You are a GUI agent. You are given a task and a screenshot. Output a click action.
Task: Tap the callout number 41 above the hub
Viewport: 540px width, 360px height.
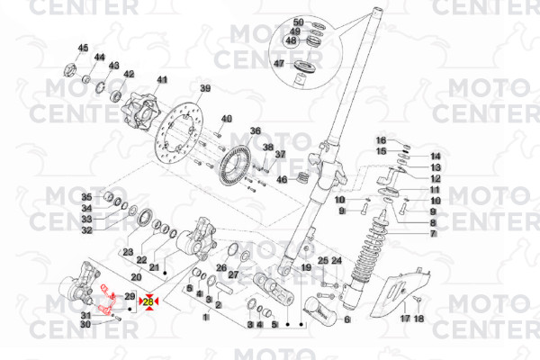tap(163, 80)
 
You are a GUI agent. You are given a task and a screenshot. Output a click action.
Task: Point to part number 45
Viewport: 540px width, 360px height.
tap(84, 48)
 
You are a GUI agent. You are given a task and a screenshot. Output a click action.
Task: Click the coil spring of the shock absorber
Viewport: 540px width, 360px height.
tap(369, 256)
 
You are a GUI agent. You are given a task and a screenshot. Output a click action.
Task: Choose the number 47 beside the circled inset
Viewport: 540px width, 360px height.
tap(280, 63)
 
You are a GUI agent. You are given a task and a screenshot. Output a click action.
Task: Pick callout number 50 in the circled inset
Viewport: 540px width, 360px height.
tap(299, 21)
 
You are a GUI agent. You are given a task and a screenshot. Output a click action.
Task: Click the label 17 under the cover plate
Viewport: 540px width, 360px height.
tap(405, 318)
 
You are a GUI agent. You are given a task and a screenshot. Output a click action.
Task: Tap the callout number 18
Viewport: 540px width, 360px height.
tap(418, 318)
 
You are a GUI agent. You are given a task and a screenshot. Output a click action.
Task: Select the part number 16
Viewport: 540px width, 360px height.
tap(381, 140)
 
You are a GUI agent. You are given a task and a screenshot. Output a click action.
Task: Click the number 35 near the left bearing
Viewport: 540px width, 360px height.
tap(86, 197)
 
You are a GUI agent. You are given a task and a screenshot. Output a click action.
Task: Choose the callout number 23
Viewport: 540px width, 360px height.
tap(129, 251)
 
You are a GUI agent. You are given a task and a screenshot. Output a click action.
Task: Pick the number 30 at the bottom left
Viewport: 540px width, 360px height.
tap(86, 324)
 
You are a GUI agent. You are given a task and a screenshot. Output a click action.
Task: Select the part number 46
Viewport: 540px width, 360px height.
tap(282, 179)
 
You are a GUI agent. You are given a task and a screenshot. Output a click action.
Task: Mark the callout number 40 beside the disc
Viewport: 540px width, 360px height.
tap(227, 119)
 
